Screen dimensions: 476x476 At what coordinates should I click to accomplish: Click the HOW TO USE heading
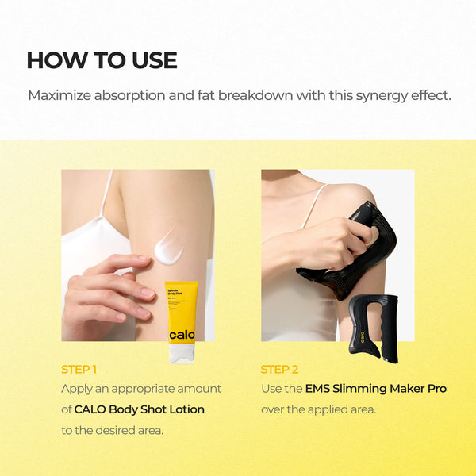102,60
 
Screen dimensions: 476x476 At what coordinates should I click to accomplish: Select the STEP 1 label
79,369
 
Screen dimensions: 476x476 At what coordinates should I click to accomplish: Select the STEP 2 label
278,369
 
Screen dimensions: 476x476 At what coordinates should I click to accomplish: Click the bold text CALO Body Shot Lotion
139,409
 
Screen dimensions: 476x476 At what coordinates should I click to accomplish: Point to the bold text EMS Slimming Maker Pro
375,389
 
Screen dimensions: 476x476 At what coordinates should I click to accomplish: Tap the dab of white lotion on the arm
168,247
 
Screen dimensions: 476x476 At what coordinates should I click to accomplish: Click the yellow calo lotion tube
182,317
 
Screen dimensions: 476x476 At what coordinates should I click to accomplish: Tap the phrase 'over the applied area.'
319,409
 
